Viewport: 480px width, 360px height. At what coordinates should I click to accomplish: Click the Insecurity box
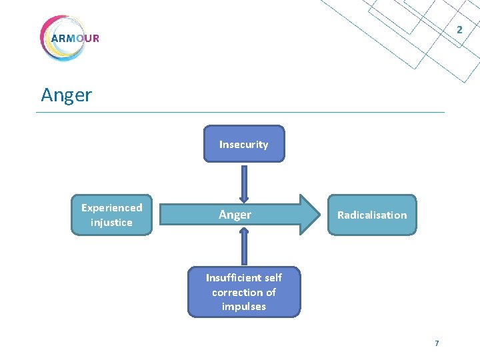(x=244, y=143)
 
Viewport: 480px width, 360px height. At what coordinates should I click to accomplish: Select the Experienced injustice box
(x=112, y=215)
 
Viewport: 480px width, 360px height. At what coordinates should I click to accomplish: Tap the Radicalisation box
(x=372, y=215)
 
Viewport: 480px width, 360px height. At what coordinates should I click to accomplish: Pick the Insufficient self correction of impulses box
(x=244, y=292)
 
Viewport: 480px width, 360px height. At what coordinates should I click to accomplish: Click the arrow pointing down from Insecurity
(x=244, y=184)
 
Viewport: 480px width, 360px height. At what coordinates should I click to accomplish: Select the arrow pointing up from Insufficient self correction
(x=244, y=247)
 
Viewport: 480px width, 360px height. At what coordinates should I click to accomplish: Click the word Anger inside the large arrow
(x=235, y=215)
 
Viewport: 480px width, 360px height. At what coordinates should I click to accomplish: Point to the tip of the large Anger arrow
(x=320, y=215)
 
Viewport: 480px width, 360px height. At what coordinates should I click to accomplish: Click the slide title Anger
(x=67, y=95)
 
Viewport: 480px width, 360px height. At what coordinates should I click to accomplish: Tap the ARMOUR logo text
(x=75, y=39)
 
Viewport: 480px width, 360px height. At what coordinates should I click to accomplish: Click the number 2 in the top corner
(x=459, y=30)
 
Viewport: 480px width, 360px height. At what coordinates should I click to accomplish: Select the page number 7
(x=437, y=343)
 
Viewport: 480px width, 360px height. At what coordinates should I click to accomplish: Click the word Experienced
(x=112, y=208)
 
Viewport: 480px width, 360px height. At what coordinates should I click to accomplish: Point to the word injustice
(x=111, y=222)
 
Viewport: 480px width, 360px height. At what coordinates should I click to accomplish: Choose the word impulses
(x=244, y=307)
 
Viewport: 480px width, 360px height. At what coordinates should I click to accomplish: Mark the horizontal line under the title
(x=240, y=113)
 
